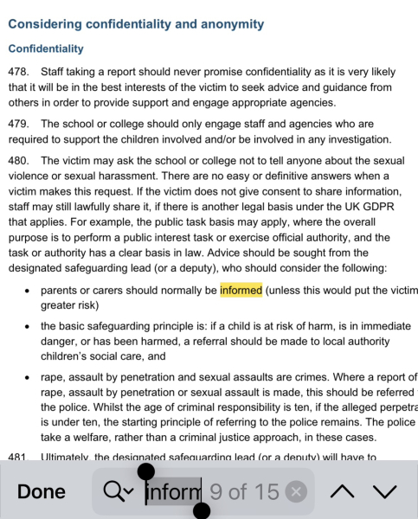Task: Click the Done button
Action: pyautogui.click(x=41, y=491)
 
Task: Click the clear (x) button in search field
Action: pyautogui.click(x=296, y=491)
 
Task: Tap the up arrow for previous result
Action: pyautogui.click(x=343, y=491)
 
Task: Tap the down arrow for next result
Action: pyautogui.click(x=385, y=491)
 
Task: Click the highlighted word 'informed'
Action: pyautogui.click(x=241, y=290)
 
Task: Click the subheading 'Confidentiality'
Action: pyautogui.click(x=46, y=48)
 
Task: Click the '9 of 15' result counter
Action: pyautogui.click(x=244, y=491)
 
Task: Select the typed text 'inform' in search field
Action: pyautogui.click(x=173, y=491)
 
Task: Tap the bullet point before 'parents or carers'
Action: pyautogui.click(x=29, y=291)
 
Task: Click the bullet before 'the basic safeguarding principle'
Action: pyautogui.click(x=29, y=327)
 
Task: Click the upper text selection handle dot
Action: pyautogui.click(x=146, y=471)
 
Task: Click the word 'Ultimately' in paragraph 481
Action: pyautogui.click(x=67, y=458)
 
